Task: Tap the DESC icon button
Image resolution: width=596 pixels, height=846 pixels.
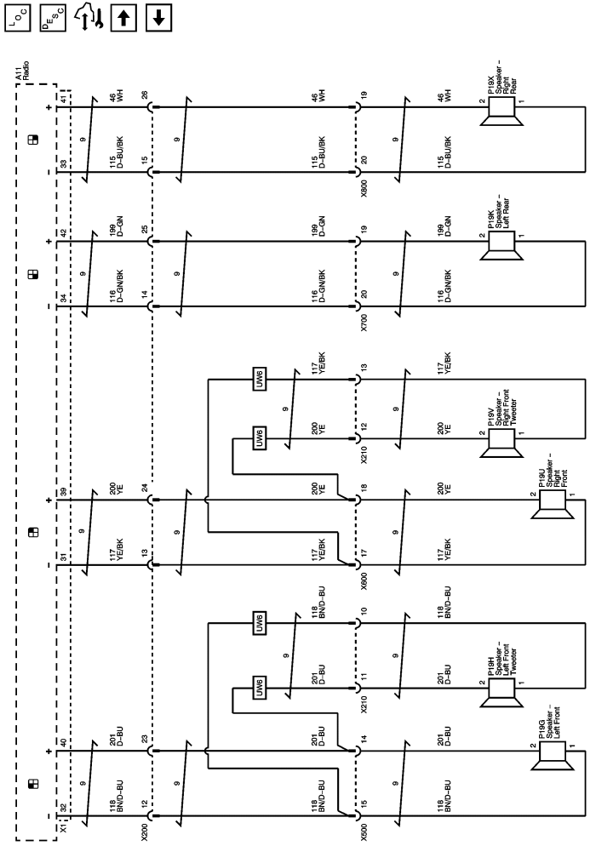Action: click(51, 18)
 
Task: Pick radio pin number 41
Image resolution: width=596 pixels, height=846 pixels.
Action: click(62, 99)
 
